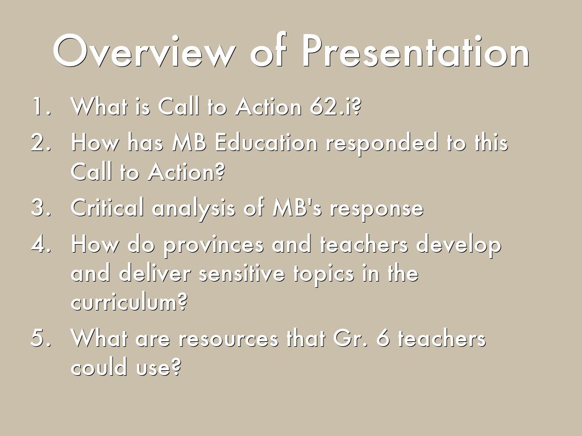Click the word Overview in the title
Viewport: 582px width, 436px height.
144,51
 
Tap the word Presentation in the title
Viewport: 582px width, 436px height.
415,51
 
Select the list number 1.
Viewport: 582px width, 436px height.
41,106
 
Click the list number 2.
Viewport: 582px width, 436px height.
41,142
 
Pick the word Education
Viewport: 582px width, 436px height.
266,142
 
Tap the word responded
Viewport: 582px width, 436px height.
382,143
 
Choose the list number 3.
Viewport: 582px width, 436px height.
41,208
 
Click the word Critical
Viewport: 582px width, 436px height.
107,207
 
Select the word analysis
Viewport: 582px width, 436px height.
193,208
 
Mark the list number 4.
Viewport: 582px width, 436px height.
41,244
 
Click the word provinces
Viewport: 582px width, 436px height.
214,245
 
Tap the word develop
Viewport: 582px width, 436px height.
459,245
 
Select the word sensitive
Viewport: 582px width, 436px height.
242,273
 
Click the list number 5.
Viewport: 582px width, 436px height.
41,338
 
